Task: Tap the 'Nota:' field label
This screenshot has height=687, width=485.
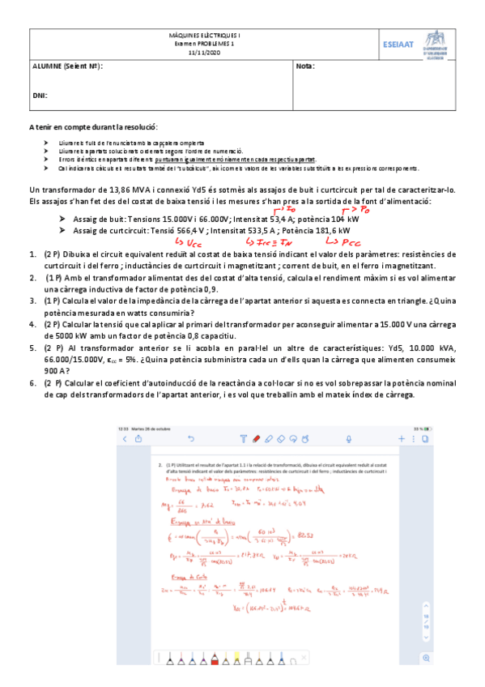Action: (305, 66)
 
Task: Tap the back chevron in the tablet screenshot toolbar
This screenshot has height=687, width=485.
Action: (125, 438)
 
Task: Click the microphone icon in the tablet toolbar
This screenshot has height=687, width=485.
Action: (348, 438)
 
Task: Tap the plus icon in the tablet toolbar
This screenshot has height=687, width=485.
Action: (400, 438)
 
